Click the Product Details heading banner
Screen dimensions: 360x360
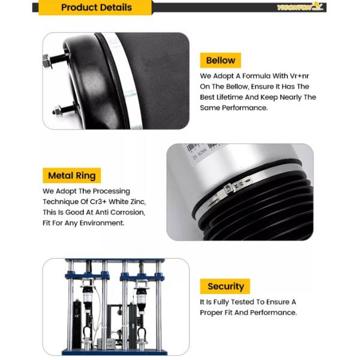click(96, 8)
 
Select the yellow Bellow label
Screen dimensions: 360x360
click(220, 61)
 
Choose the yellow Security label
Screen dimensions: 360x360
click(225, 286)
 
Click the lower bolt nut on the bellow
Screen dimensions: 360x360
click(56, 110)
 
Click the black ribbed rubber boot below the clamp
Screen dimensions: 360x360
click(264, 210)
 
